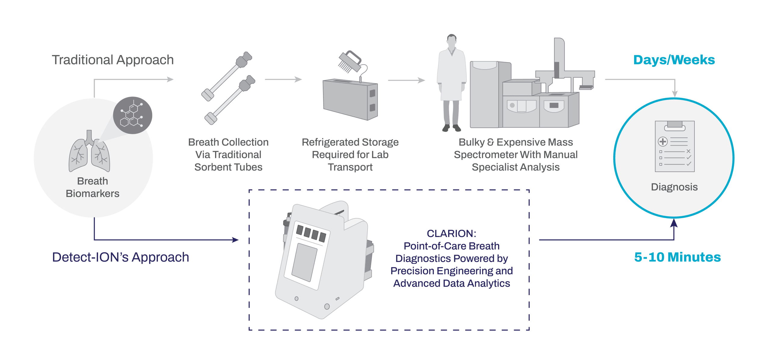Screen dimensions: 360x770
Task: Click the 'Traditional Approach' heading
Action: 113,60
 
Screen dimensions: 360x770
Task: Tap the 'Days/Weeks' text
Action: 674,60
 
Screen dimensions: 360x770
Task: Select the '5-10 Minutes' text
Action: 677,257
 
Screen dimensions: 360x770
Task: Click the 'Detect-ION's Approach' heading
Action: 120,257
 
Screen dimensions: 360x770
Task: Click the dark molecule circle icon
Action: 132,115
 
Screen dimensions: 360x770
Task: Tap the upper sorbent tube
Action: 227,75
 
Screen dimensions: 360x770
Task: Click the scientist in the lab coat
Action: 451,84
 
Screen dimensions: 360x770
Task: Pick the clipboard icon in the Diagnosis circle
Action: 675,146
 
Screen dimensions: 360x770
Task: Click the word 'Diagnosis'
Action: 674,187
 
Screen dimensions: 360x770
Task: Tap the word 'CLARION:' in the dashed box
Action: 451,233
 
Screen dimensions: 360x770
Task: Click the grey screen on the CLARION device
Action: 304,262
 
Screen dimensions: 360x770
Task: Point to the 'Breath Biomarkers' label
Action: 92,187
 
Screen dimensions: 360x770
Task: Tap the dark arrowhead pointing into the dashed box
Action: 236,240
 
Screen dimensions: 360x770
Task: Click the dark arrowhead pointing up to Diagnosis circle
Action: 674,223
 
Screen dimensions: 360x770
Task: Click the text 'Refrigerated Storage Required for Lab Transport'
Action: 350,155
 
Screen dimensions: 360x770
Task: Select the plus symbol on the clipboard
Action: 663,141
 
